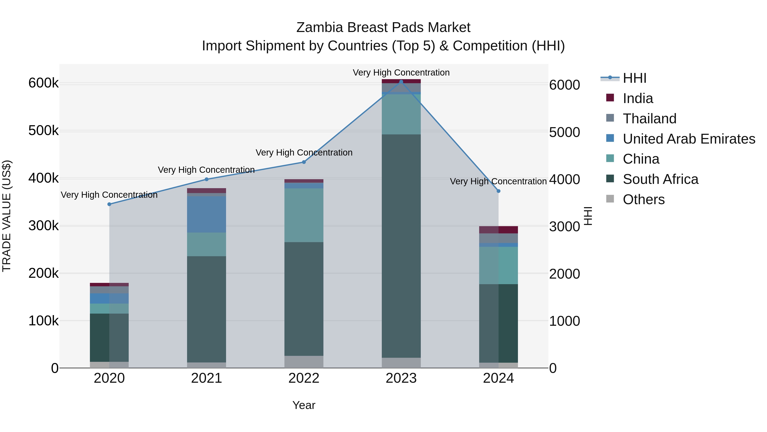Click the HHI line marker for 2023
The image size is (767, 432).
(401, 82)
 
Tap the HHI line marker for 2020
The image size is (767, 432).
(109, 204)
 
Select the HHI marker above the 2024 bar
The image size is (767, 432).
(498, 191)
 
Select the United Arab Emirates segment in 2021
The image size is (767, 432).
(206, 214)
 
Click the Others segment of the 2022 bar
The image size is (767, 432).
(304, 362)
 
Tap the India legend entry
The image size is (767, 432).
(637, 98)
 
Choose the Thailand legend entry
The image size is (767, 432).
(649, 119)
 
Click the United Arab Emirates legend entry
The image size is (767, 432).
(688, 139)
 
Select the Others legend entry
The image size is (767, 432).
(643, 199)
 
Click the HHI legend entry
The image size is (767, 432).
(634, 78)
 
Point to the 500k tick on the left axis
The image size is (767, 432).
(43, 131)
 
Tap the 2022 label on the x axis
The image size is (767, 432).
(304, 378)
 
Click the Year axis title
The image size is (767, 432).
(304, 405)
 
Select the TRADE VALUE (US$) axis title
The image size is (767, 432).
(7, 216)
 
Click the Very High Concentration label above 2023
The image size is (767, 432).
(401, 73)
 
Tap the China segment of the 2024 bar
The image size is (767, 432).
(498, 265)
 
